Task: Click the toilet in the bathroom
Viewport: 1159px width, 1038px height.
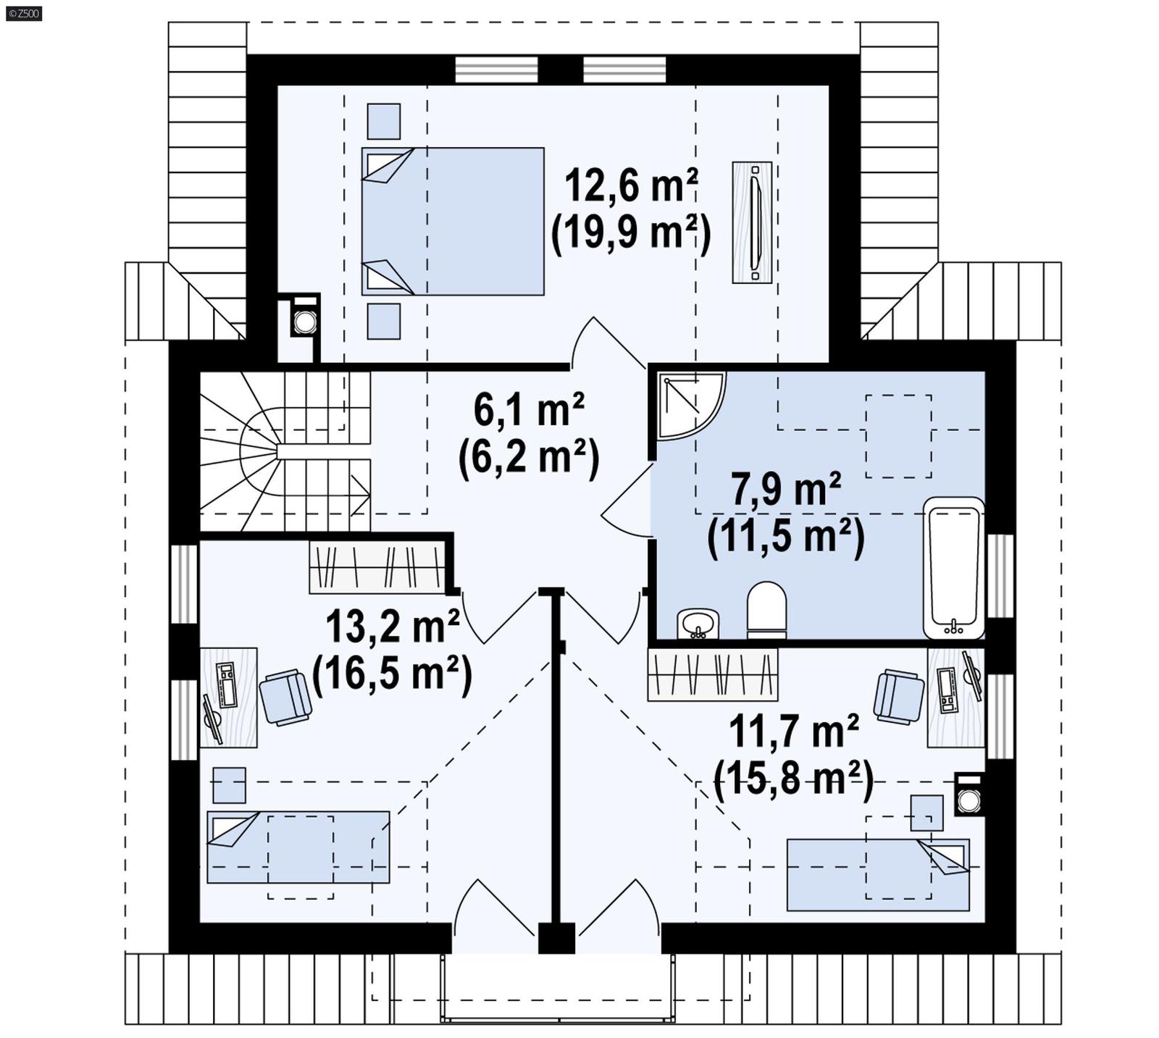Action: (x=766, y=610)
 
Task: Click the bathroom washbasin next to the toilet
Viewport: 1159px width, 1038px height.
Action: (x=698, y=624)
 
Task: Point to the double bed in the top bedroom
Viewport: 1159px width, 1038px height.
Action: (x=453, y=221)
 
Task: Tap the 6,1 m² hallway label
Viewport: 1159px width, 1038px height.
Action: (x=529, y=409)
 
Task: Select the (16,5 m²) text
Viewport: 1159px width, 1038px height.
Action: (x=392, y=674)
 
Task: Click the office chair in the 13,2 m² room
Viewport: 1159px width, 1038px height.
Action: (x=285, y=697)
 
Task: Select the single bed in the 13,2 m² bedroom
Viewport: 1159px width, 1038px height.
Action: (x=298, y=846)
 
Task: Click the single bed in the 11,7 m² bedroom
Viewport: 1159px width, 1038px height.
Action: (x=877, y=874)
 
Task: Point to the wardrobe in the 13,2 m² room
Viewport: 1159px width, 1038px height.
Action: (x=377, y=567)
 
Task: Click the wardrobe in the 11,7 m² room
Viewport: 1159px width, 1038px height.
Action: (x=712, y=674)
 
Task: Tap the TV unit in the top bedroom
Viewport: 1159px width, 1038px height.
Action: (x=752, y=222)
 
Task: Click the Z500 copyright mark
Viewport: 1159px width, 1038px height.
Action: (x=23, y=13)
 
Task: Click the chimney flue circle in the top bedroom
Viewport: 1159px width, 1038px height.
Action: (x=305, y=322)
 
